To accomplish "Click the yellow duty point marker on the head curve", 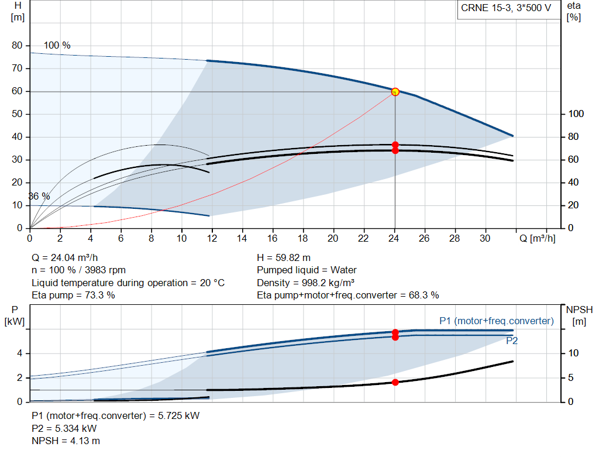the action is (x=395, y=92).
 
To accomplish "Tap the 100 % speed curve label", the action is (x=57, y=46).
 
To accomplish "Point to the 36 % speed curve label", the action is (x=39, y=197).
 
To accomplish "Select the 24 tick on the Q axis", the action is (x=394, y=238).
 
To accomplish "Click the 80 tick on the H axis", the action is (x=17, y=46).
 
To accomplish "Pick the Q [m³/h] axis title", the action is (x=538, y=238).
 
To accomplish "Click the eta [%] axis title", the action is (x=574, y=12).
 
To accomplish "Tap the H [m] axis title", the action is (x=18, y=12).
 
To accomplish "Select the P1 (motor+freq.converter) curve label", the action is (x=497, y=321).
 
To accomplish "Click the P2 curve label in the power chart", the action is (x=512, y=341).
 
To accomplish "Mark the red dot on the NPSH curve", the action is (x=395, y=383).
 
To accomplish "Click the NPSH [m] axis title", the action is (x=579, y=315).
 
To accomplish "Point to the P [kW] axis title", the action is (x=15, y=315).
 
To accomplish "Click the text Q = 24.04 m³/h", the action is (x=65, y=258).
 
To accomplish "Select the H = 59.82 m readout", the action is (x=284, y=258).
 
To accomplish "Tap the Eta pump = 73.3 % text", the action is (x=73, y=295).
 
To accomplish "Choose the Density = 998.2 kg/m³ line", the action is (x=305, y=283).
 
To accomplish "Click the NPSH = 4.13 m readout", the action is (x=66, y=441).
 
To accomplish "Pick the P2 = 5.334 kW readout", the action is (x=64, y=428).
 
